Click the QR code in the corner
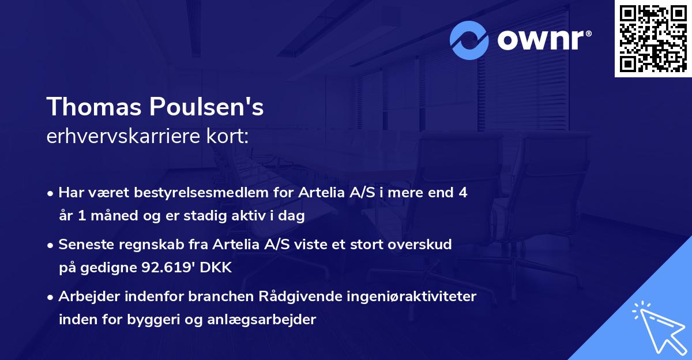coord(653,38)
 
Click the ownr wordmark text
coord(544,40)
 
